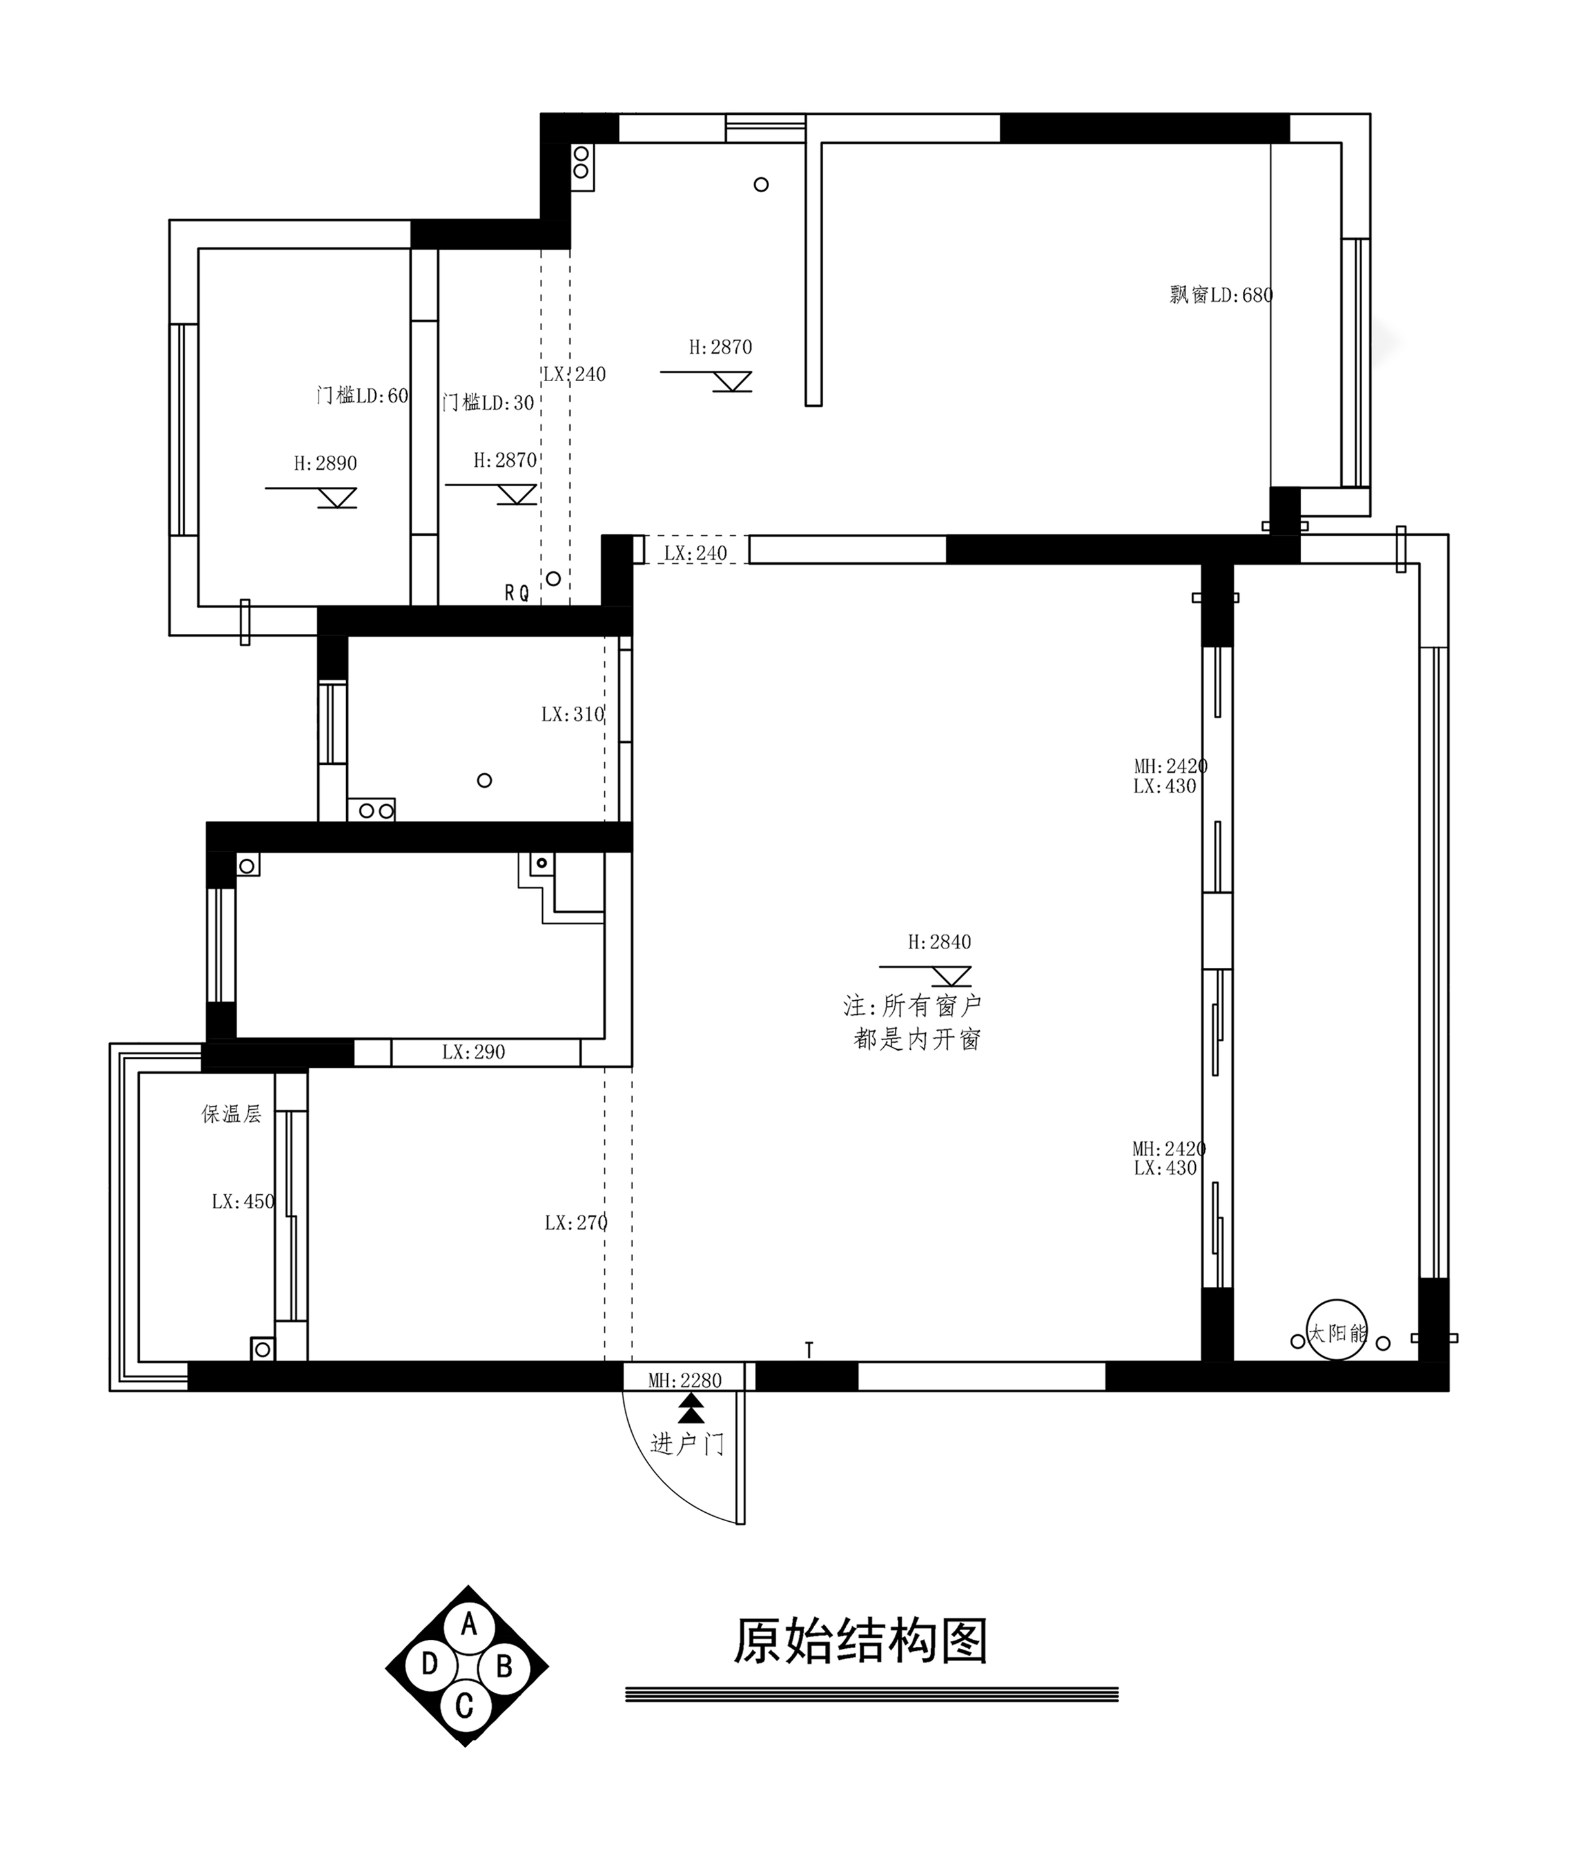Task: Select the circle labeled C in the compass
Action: (464, 1705)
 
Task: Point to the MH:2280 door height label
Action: (685, 1381)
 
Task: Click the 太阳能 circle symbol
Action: (1337, 1333)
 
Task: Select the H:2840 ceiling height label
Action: (940, 941)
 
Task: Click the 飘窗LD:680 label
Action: (1221, 294)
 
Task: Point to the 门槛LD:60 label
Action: (362, 395)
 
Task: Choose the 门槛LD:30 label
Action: (488, 402)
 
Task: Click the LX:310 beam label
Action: (572, 714)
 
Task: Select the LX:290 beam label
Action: (474, 1052)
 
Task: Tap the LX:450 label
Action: (243, 1202)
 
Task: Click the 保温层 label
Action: (231, 1114)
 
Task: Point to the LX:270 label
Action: (576, 1223)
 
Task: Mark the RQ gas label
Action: (516, 593)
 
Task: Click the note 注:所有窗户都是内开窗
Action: (913, 1023)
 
